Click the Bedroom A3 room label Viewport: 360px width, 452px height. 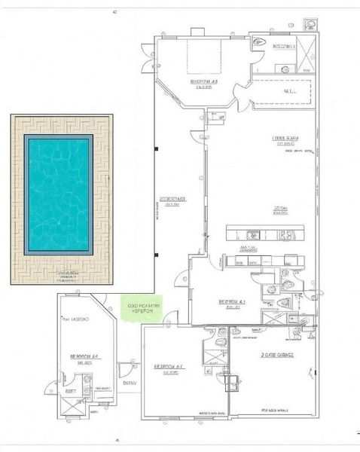(203, 83)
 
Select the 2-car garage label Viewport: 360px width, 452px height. (277, 353)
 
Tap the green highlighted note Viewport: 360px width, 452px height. (141, 308)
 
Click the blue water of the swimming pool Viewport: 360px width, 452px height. (59, 194)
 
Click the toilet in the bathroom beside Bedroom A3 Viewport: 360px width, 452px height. (260, 47)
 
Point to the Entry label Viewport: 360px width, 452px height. (129, 383)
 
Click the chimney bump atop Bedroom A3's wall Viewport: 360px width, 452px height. (197, 32)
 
